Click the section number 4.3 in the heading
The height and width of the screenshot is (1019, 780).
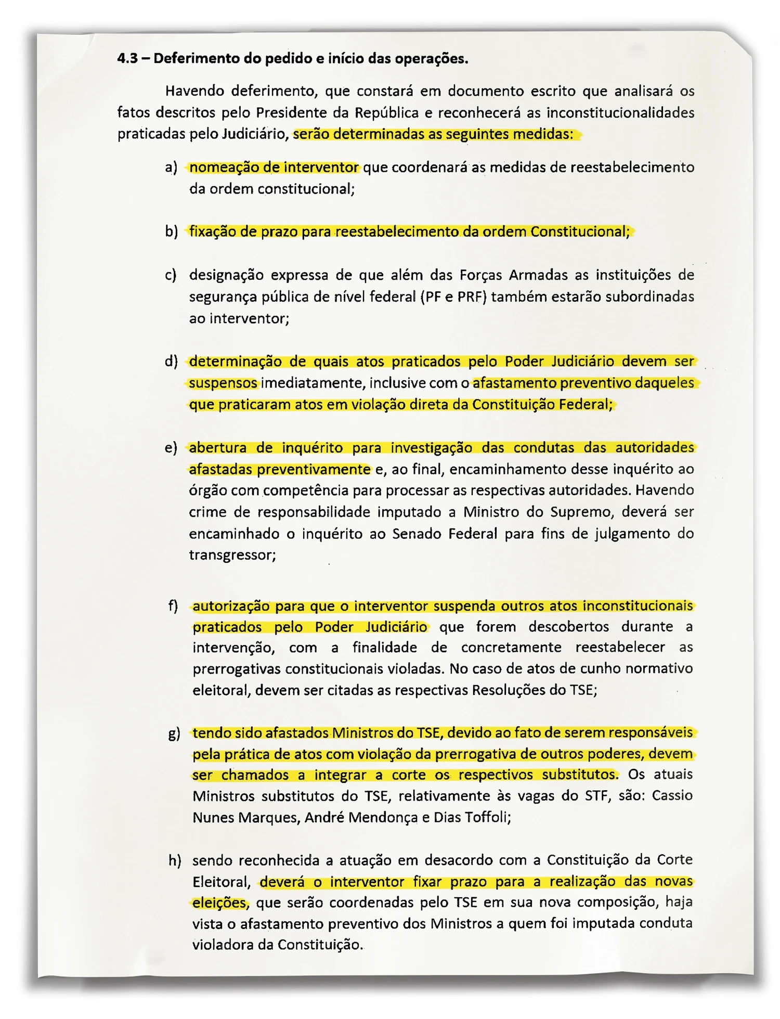[x=127, y=58]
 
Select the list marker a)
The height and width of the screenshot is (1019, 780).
[x=171, y=167]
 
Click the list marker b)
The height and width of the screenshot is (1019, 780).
[x=172, y=231]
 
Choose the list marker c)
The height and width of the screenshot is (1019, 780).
[x=171, y=275]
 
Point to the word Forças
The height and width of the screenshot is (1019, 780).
[x=480, y=275]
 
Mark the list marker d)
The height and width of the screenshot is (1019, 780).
[x=172, y=362]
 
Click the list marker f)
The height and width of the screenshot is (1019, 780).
[x=173, y=607]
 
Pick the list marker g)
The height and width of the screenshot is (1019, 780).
[x=174, y=734]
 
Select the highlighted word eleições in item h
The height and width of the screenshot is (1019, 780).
[x=219, y=903]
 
